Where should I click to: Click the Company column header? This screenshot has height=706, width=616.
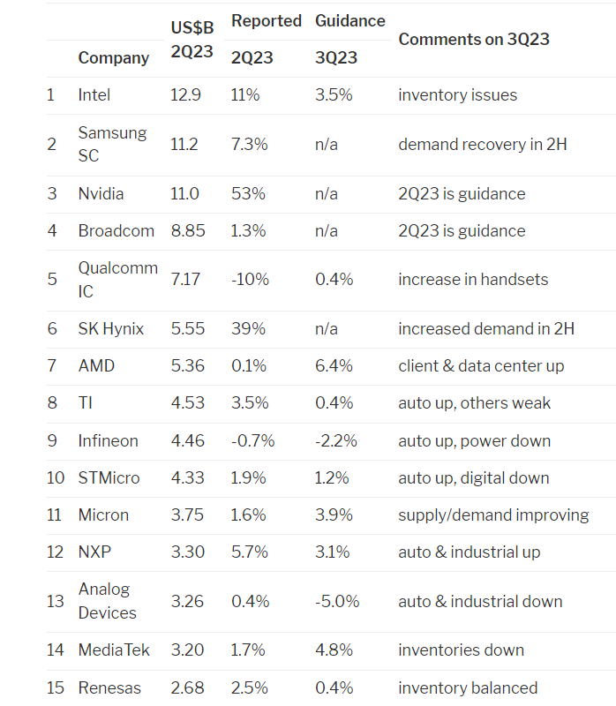pos(113,58)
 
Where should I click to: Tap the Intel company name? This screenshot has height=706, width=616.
pos(94,95)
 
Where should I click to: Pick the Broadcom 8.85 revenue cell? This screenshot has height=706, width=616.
pos(188,231)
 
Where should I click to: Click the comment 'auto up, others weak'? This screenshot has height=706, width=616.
pos(474,403)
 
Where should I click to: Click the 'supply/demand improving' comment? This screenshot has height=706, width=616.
pos(493,514)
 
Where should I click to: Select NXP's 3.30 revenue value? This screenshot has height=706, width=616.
pos(187,552)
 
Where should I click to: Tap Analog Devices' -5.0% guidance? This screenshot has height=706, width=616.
pos(337,601)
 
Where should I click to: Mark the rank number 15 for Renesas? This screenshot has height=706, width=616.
pos(56,687)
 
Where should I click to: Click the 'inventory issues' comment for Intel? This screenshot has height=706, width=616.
pos(457,95)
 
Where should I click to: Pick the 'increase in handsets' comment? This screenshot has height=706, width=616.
pos(473,280)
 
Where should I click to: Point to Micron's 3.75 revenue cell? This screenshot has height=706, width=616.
pos(187,514)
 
